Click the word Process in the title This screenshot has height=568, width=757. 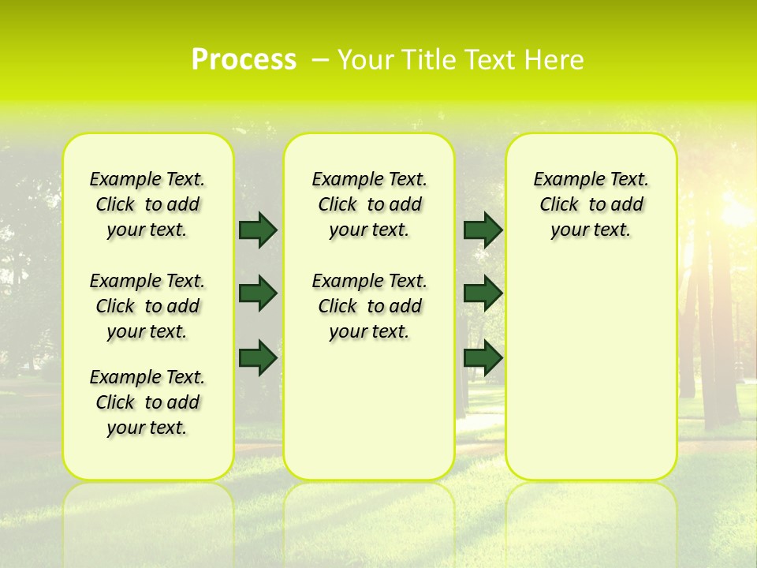point(244,60)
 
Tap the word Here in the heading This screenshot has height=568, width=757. point(555,60)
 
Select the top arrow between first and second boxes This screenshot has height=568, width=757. point(258,230)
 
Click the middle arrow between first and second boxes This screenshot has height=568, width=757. point(258,293)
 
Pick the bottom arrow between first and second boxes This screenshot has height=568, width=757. point(258,357)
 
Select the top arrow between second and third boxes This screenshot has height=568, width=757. point(483,230)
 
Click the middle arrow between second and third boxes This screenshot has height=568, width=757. point(483,293)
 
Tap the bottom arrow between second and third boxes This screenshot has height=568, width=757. point(483,357)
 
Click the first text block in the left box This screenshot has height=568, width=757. point(147,204)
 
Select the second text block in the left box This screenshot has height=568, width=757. point(147,306)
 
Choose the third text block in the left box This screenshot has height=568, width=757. point(147,402)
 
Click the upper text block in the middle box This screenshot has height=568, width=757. point(369,204)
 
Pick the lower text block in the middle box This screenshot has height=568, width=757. point(369,306)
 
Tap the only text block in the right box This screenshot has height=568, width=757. point(591,204)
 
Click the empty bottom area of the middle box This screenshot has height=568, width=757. point(369,418)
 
